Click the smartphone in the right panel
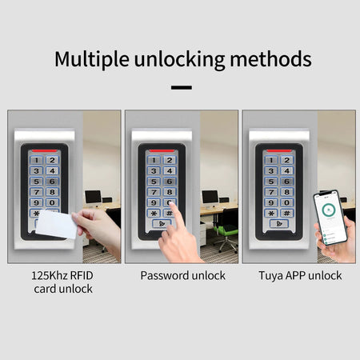(x=331, y=218)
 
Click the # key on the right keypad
(x=287, y=213)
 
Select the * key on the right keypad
(x=272, y=213)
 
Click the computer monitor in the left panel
(x=93, y=195)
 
